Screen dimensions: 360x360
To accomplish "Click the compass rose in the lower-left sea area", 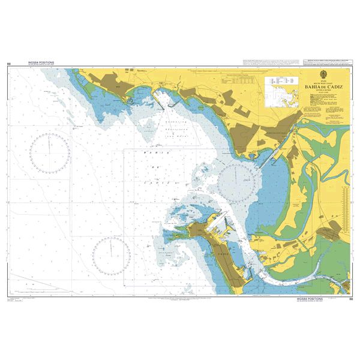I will click(x=112, y=254).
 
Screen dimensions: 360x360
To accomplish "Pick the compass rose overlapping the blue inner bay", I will click(x=236, y=180).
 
